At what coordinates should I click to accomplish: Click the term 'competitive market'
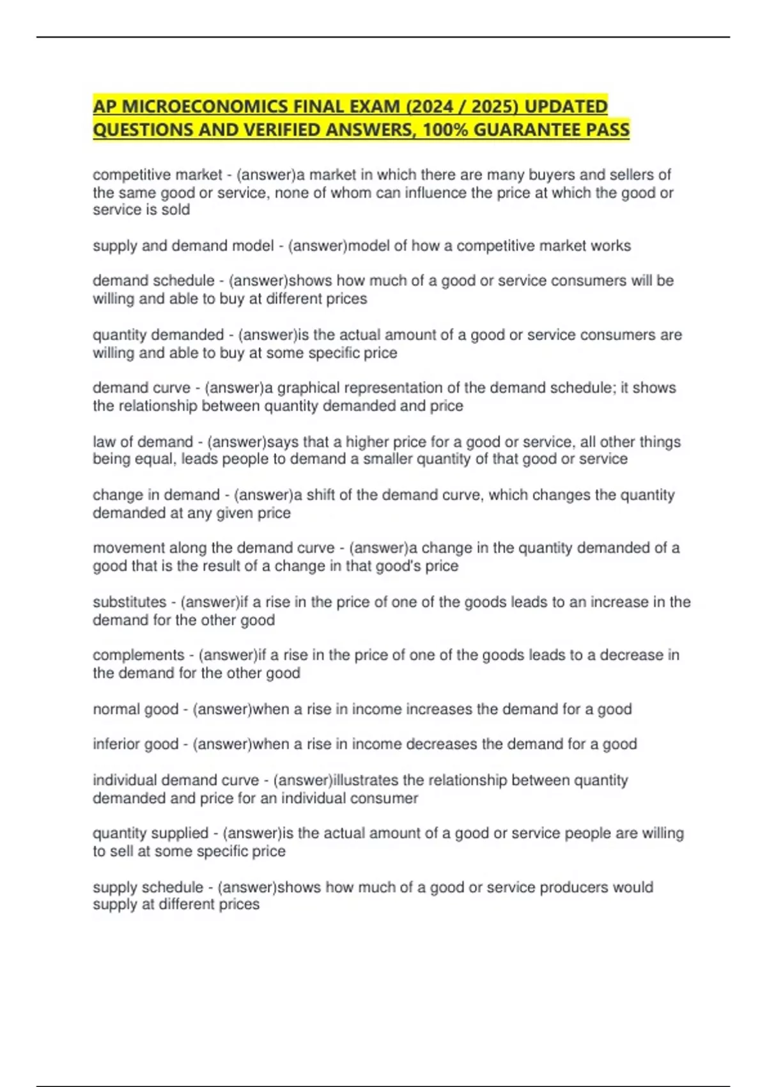coord(157,175)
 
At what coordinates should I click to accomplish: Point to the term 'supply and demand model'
coord(183,246)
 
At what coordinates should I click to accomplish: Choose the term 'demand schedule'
coord(153,281)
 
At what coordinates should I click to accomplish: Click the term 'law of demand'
coord(143,442)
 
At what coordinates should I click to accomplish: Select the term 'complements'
coord(138,655)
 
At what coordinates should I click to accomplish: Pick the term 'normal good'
coord(135,709)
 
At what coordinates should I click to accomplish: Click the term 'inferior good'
coord(136,744)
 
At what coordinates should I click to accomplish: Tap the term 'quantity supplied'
coord(150,833)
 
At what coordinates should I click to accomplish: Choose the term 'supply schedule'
coord(148,887)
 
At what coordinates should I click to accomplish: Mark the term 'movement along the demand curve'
coord(213,548)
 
